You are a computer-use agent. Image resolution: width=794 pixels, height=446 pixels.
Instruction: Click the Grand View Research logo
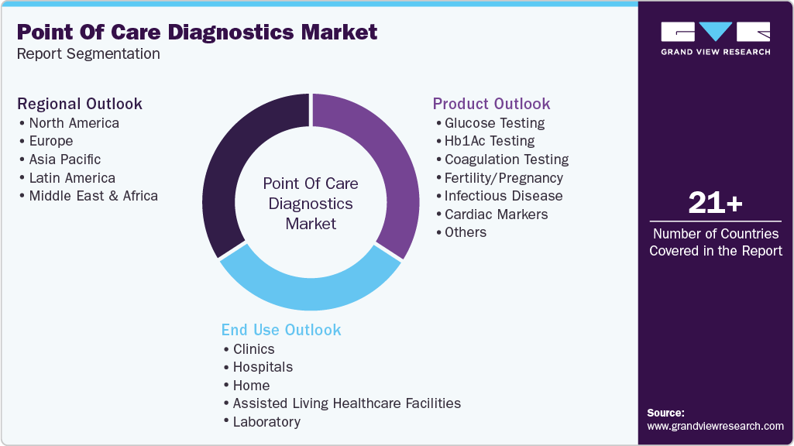coord(715,38)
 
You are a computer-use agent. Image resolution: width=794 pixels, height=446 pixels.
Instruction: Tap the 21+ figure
coord(716,204)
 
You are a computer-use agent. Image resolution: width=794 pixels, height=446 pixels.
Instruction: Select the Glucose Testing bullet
coord(494,123)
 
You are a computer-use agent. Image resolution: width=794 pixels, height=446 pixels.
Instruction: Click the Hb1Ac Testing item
coord(490,141)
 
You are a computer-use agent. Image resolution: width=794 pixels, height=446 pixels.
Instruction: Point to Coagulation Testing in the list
coord(507,160)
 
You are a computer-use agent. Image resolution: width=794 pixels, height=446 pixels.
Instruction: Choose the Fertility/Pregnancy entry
coord(504,178)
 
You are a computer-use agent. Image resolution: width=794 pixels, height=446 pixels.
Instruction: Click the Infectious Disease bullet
coord(504,196)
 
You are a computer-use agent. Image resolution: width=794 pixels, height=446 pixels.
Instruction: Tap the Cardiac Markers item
coord(496,214)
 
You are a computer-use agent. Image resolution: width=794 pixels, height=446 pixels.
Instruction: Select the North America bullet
coord(74,123)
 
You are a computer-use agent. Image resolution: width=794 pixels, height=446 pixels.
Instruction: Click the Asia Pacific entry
coord(65,160)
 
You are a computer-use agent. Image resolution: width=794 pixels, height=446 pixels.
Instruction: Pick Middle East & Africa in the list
coord(93,196)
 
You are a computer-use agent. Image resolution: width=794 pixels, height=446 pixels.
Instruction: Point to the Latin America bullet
coord(72,178)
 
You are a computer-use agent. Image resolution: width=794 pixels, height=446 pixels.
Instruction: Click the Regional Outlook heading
coord(80,104)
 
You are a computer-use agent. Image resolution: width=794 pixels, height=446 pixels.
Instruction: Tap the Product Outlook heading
coord(491,104)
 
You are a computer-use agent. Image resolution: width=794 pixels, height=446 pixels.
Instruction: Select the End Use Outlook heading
coord(281,330)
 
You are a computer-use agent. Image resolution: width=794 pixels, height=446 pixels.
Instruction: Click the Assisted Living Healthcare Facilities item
coord(346,403)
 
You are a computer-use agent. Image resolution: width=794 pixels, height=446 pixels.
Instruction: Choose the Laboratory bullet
coord(266,422)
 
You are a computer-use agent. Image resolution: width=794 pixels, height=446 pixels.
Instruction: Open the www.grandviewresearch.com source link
coord(715,426)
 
